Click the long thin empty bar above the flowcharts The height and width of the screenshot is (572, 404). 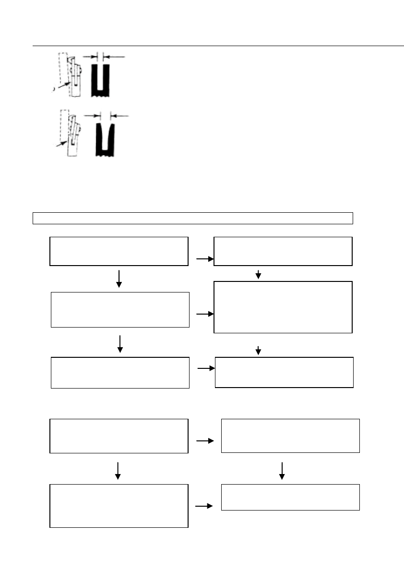tap(192, 218)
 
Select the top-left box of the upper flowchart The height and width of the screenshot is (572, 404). tap(119, 251)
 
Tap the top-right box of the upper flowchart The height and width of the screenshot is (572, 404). tap(283, 251)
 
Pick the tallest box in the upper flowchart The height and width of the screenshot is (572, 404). tap(283, 307)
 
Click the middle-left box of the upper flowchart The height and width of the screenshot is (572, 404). tap(120, 309)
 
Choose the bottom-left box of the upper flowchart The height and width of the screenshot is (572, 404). tap(120, 372)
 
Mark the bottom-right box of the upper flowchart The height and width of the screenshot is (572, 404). tap(284, 372)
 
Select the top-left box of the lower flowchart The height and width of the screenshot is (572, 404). tap(119, 436)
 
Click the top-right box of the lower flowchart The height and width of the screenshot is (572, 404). tap(290, 436)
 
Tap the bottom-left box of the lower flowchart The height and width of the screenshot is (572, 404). tap(119, 506)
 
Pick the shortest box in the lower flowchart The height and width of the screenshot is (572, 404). tap(290, 497)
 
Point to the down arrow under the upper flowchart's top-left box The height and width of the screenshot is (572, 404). tap(119, 279)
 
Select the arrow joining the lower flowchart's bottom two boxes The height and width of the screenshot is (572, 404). tap(204, 506)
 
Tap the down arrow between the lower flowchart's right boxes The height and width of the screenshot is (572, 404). tap(282, 471)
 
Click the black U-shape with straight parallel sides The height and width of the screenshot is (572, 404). tap(100, 80)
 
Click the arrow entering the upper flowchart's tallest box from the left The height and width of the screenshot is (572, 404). tap(205, 314)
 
